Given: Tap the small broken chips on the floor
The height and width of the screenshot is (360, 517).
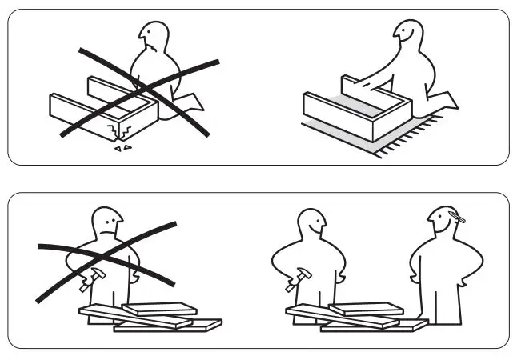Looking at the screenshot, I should tap(121, 148).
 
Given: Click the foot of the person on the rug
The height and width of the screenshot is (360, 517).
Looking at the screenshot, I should tap(444, 101).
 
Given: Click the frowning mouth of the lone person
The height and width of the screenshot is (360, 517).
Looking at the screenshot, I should tap(106, 230).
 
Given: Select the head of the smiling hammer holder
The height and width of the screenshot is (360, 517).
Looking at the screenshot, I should tap(309, 224).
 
